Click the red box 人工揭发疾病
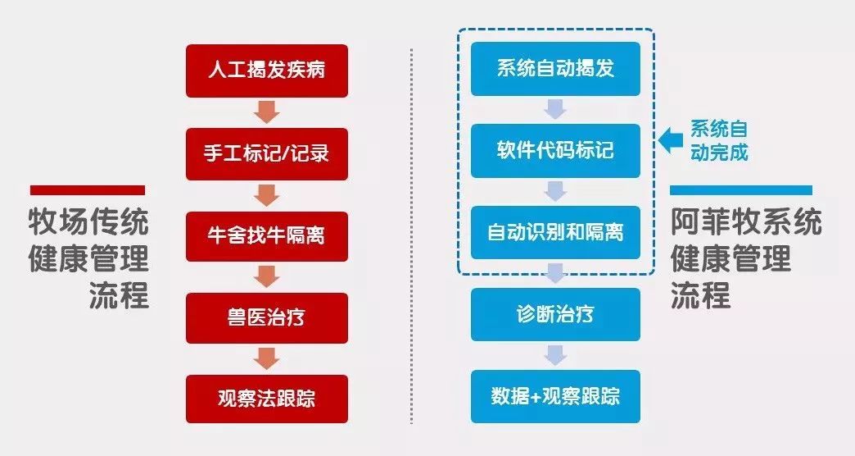[267, 71]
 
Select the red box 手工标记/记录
[267, 154]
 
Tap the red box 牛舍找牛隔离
[267, 236]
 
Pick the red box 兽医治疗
[267, 318]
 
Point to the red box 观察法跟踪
[267, 399]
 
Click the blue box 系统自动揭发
[555, 69]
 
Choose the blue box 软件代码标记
[555, 151]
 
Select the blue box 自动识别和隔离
[555, 233]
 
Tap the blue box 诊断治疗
[555, 315]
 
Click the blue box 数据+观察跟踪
[555, 396]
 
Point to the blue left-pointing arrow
[671, 140]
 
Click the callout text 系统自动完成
[719, 140]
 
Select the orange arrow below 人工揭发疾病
[267, 112]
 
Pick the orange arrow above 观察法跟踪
[267, 358]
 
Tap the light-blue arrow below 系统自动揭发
[555, 109]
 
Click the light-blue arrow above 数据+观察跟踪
[555, 355]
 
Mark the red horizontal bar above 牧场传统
[88, 190]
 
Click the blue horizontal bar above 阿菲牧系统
[741, 190]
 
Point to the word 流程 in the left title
[119, 295]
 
